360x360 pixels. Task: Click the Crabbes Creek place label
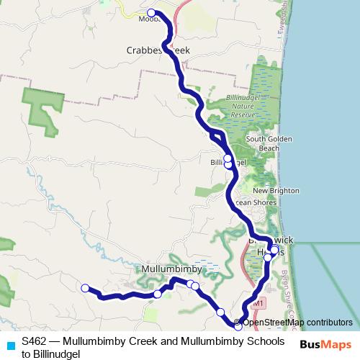158,51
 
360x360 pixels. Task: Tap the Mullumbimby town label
169,269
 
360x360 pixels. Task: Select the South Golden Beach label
262,143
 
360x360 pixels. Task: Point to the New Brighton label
270,190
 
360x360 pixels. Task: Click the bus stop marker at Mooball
151,13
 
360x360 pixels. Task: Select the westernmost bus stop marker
84,288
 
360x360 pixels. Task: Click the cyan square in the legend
10,345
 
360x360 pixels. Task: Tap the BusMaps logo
325,345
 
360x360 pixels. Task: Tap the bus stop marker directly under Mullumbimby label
158,294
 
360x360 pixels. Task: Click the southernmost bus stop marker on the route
238,327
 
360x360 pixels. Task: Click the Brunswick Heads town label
271,245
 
